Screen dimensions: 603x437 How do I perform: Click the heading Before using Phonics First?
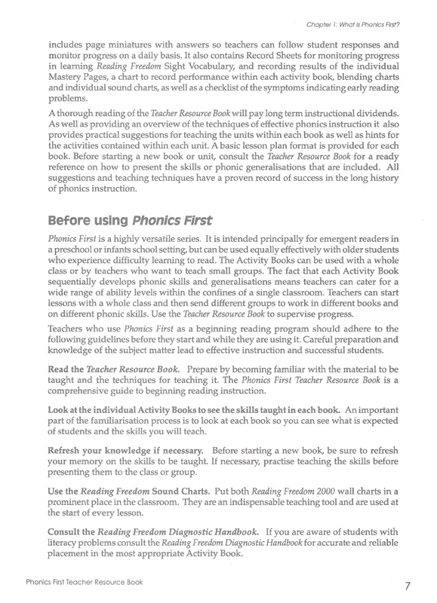pyautogui.click(x=130, y=222)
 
